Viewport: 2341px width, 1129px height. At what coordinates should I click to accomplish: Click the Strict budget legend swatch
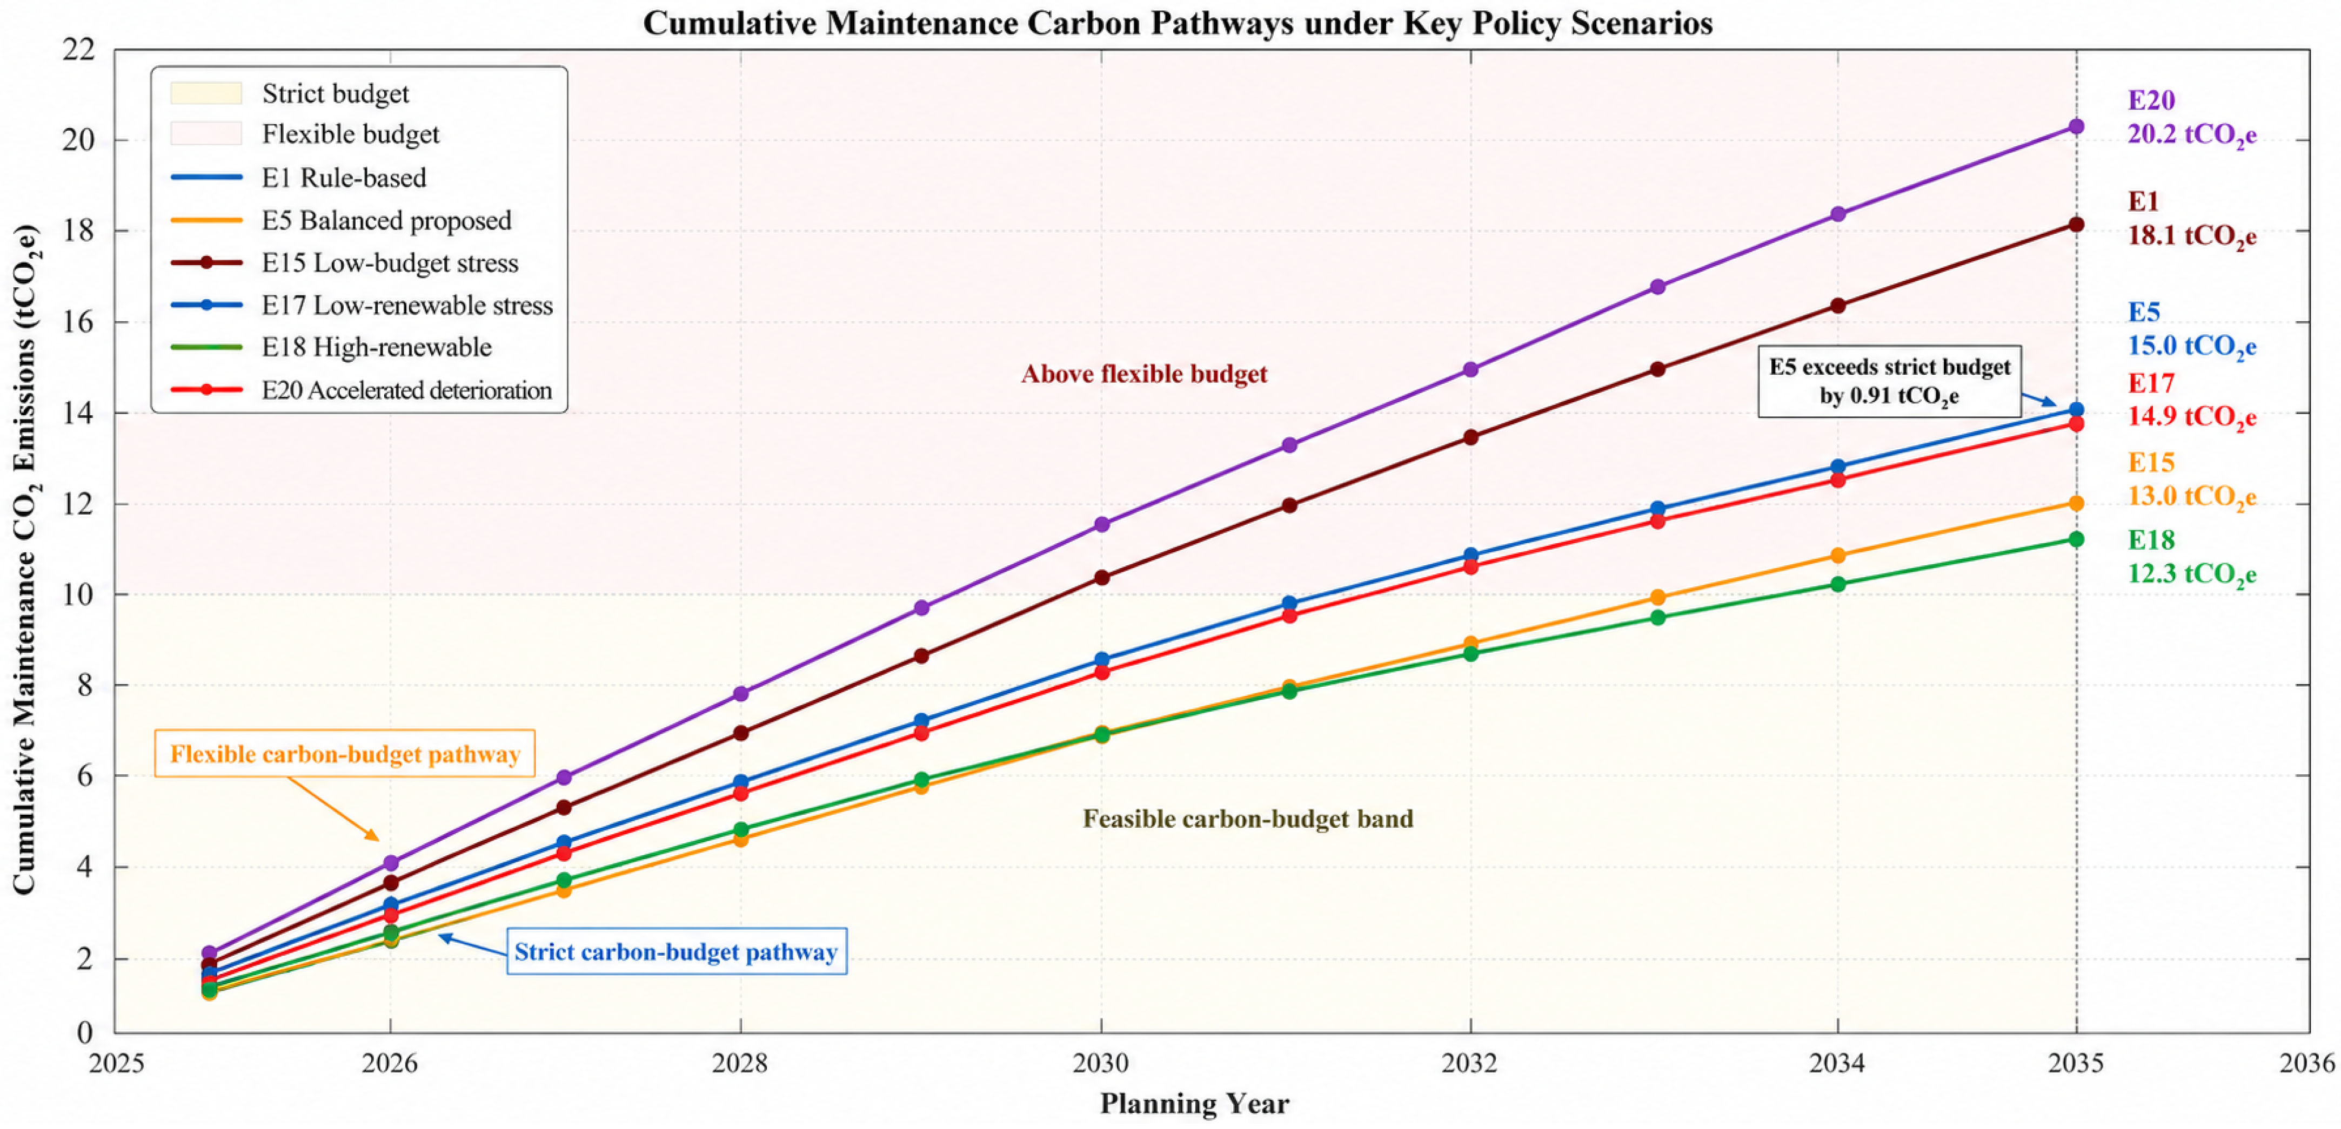click(206, 93)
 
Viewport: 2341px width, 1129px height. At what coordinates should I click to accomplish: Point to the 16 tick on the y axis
click(78, 322)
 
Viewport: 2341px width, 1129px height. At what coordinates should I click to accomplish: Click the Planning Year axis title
click(1194, 1103)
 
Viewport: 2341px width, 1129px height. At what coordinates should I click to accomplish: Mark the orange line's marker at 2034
click(1837, 555)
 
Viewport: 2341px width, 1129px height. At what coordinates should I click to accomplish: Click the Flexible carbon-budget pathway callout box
click(344, 753)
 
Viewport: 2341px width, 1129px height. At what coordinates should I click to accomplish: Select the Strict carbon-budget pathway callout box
click(676, 951)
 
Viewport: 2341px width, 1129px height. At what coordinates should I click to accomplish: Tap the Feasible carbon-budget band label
click(1248, 819)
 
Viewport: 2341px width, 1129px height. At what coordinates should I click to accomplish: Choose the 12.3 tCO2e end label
click(2192, 574)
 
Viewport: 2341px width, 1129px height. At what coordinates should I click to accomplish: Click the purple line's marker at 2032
click(1470, 370)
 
